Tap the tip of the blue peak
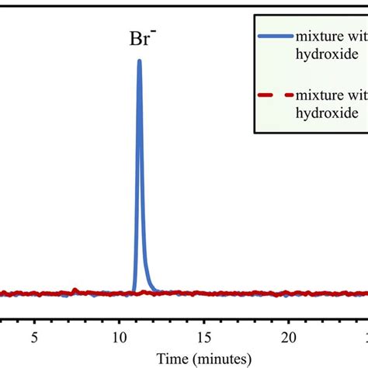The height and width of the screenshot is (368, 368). click(139, 61)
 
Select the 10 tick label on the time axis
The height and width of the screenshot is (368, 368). click(119, 338)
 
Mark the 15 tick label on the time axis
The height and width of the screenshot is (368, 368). click(203, 338)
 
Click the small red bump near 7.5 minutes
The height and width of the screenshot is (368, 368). click(75, 290)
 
